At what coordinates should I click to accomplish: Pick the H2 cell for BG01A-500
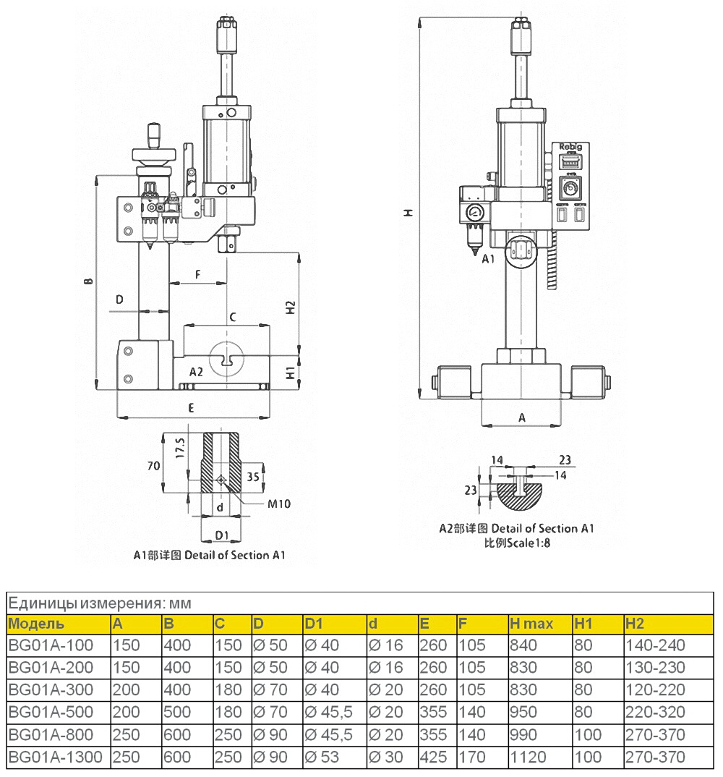654,713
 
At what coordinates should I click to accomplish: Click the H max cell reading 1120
525,757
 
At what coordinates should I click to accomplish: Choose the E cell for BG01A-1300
434,757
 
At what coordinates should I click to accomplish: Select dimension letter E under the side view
191,408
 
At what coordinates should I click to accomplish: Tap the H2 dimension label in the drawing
291,307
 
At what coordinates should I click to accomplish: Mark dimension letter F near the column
197,274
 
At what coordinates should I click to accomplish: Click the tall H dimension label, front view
408,213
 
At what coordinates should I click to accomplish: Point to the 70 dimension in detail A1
153,467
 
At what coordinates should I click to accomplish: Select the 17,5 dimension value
181,449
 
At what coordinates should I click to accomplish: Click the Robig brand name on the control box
570,146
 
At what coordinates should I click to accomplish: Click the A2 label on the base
196,372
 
